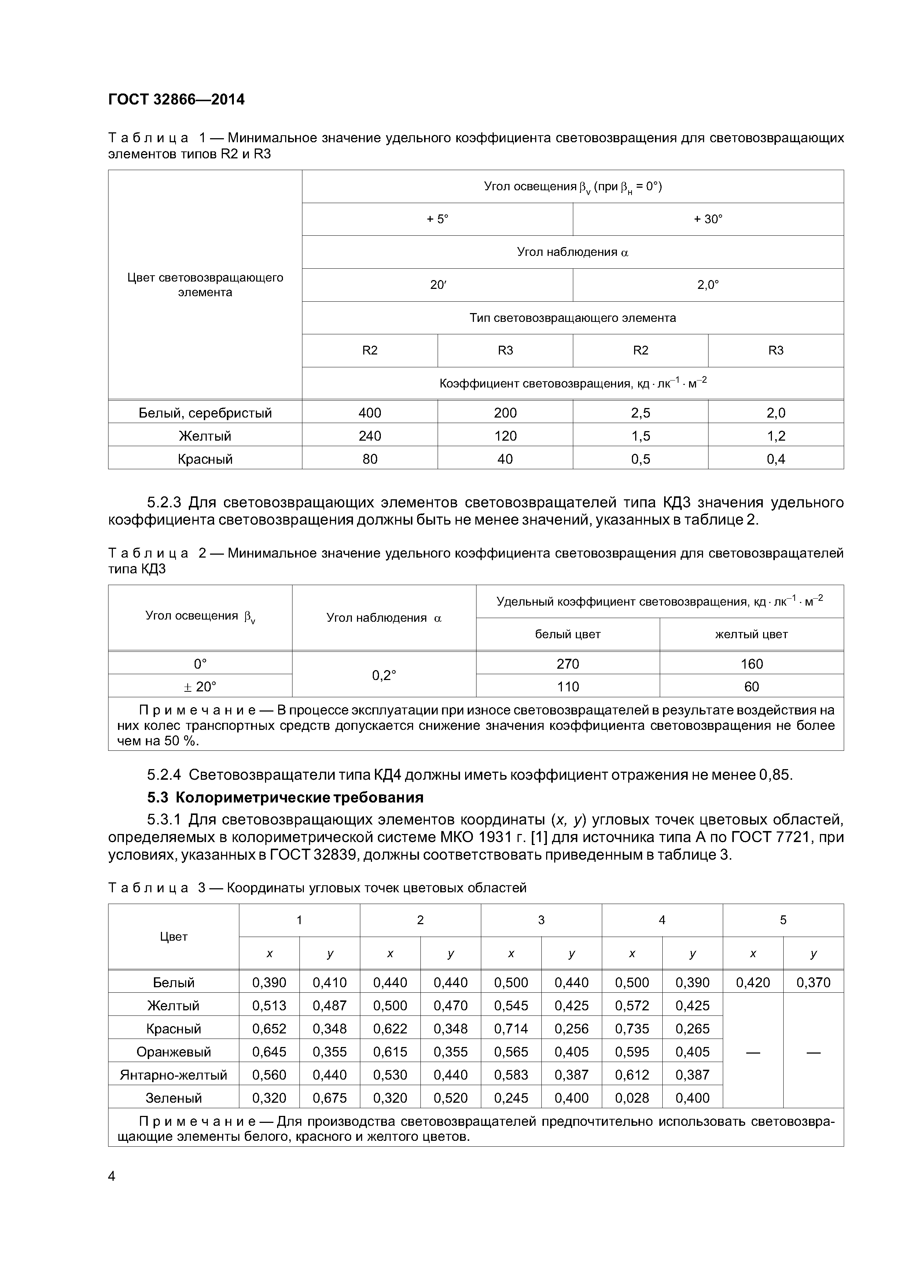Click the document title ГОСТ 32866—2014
coord(176,100)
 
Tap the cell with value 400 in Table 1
coord(370,413)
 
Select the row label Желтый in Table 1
coord(205,436)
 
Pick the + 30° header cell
coord(708,219)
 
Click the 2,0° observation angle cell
coord(708,284)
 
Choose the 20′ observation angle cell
coord(437,284)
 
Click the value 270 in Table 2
coord(568,664)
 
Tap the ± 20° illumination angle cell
coord(200,687)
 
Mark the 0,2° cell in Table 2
coord(384,675)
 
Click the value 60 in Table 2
coord(752,687)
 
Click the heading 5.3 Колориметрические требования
coord(285,797)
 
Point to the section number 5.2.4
coord(164,775)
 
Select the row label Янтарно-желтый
coord(174,1075)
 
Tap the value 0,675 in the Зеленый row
coord(330,1098)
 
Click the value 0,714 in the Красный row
coord(511,1028)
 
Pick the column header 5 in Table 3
coord(783,920)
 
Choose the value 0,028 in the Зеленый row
coord(632,1098)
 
